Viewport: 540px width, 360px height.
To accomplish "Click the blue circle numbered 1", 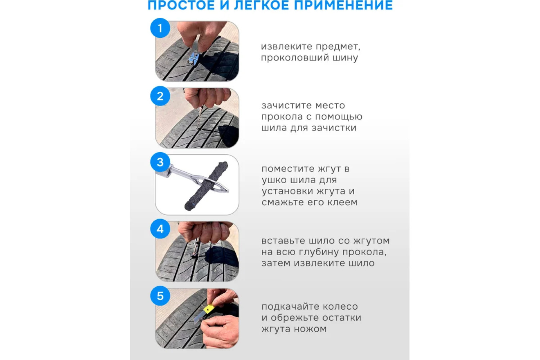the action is coord(160,28).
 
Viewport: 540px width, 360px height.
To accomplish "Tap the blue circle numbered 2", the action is coord(160,96).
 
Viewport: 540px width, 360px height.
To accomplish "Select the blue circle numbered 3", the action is coord(160,162).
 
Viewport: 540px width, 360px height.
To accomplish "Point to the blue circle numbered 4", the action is coord(160,229).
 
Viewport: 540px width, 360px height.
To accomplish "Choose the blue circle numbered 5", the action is coord(160,296).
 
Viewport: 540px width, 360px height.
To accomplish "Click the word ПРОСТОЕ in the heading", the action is coord(181,5).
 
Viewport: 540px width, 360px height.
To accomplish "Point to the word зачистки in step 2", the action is coord(334,128).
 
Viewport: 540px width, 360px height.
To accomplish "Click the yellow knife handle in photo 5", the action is coord(209,309).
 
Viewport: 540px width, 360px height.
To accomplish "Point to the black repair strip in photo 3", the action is coord(206,186).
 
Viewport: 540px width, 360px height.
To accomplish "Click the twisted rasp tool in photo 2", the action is coord(199,118).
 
